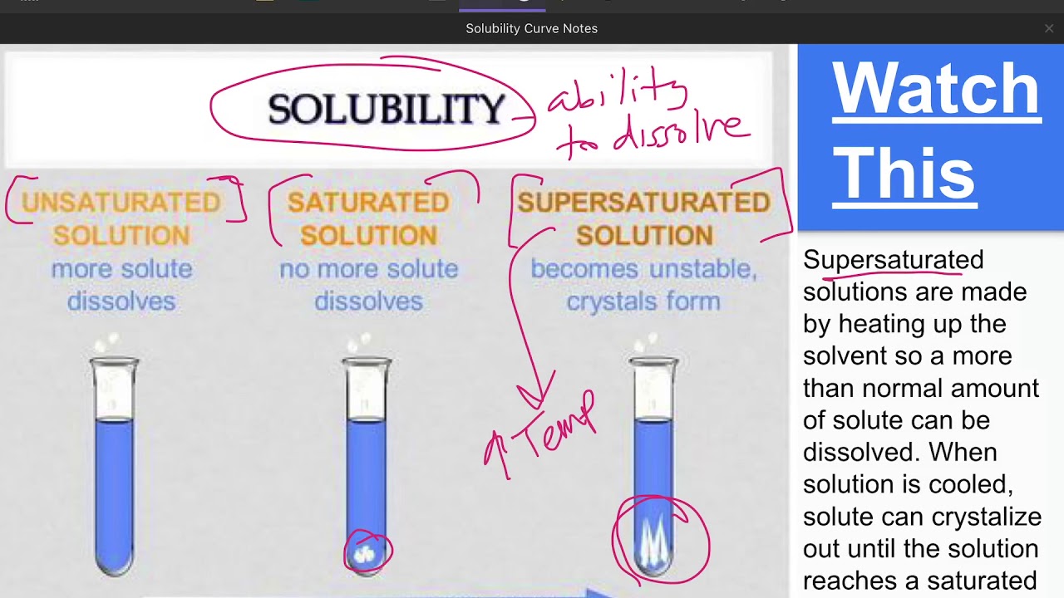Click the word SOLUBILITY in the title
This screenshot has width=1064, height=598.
pyautogui.click(x=387, y=109)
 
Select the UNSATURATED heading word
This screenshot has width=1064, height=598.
pyautogui.click(x=121, y=202)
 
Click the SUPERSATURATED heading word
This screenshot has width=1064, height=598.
pyautogui.click(x=643, y=202)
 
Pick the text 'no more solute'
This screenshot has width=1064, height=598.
pyautogui.click(x=368, y=269)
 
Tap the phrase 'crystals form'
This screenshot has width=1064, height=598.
pyautogui.click(x=643, y=301)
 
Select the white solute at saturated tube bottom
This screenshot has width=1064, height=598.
pyautogui.click(x=367, y=553)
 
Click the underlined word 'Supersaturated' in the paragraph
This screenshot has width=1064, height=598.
pyautogui.click(x=893, y=260)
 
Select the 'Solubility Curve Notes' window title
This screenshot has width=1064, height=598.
pyautogui.click(x=531, y=28)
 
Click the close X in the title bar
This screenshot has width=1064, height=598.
pyautogui.click(x=1049, y=28)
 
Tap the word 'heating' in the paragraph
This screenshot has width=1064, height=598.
pyautogui.click(x=881, y=324)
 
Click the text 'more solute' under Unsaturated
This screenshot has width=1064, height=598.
pyautogui.click(x=121, y=269)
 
